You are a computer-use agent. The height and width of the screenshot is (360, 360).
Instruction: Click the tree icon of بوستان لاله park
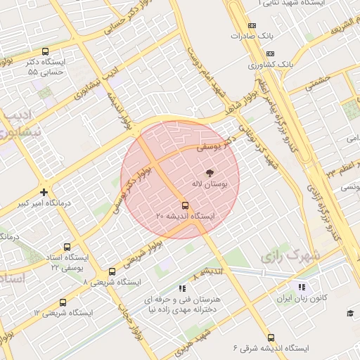pyautogui.click(x=209, y=172)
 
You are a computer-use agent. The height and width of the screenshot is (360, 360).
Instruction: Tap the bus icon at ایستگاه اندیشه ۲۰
pyautogui.click(x=185, y=205)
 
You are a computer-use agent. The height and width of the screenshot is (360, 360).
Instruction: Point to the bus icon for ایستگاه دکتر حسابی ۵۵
pyautogui.click(x=46, y=51)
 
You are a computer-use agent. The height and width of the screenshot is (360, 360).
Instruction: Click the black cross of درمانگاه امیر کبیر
pyautogui.click(x=44, y=191)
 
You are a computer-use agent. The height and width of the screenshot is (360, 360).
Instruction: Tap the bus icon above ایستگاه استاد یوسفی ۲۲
pyautogui.click(x=67, y=247)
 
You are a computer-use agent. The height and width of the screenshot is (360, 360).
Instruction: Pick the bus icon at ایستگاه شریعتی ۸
pyautogui.click(x=112, y=271)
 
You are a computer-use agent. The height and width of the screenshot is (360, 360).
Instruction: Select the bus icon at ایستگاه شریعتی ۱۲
pyautogui.click(x=63, y=302)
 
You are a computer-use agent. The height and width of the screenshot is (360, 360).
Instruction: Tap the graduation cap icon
pyautogui.click(x=350, y=313)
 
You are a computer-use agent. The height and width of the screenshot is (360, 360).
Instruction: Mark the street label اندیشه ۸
pyautogui.click(x=209, y=271)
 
